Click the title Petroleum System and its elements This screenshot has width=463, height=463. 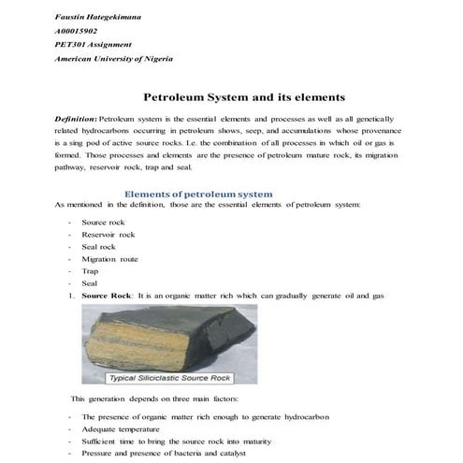(x=244, y=96)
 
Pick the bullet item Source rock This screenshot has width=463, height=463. (x=103, y=223)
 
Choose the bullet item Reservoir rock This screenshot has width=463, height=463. (x=108, y=235)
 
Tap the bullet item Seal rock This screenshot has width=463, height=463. (x=100, y=247)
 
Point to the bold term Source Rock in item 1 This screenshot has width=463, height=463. (x=107, y=296)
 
